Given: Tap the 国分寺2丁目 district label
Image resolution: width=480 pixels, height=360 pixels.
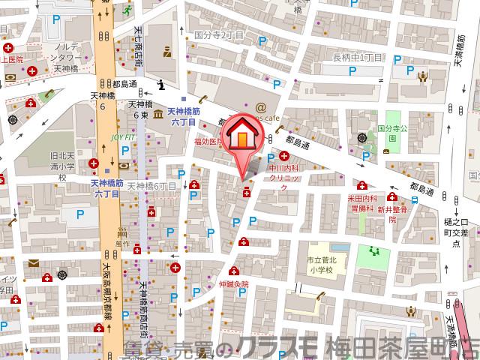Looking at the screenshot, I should [x=220, y=34].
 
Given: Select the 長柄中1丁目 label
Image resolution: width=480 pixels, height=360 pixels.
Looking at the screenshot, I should [x=358, y=57].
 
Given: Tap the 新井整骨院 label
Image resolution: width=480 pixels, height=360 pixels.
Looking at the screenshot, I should [x=391, y=212].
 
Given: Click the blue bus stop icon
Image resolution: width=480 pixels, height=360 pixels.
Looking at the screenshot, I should [x=415, y=200].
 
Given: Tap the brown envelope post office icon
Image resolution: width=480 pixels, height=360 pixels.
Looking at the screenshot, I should [x=34, y=263].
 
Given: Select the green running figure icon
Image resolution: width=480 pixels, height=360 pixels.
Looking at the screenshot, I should [x=128, y=11].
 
